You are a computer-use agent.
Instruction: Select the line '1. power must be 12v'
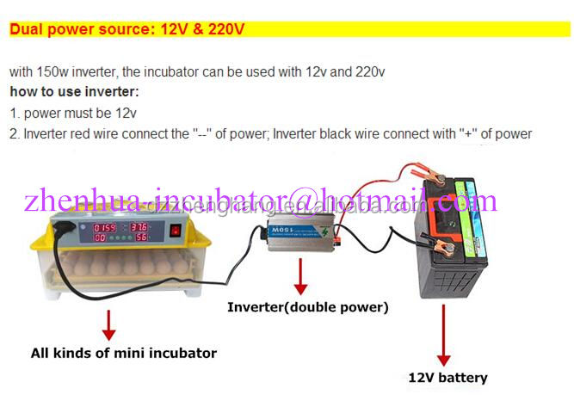tap(73, 113)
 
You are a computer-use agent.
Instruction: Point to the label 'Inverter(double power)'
tap(307, 307)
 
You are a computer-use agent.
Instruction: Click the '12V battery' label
tap(447, 378)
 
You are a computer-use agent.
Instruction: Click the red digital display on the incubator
tap(113, 232)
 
